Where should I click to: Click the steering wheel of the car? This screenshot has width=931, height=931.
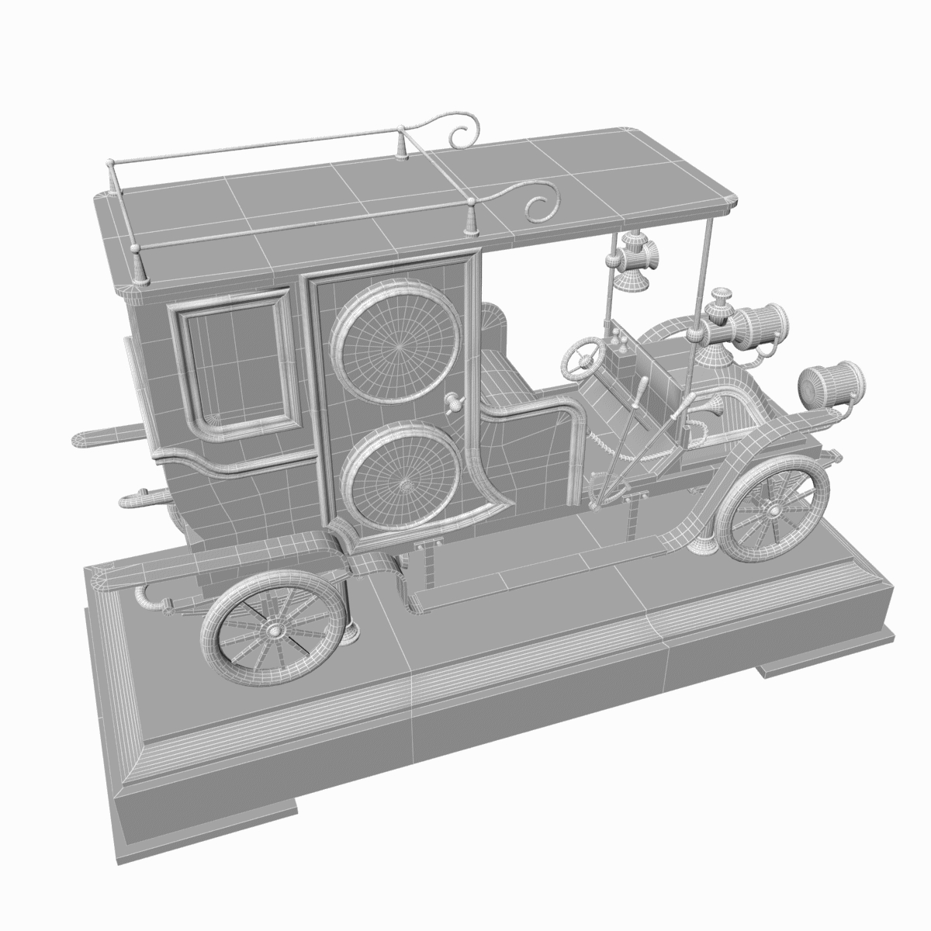tap(583, 357)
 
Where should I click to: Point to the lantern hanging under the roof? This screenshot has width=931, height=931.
tap(632, 264)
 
